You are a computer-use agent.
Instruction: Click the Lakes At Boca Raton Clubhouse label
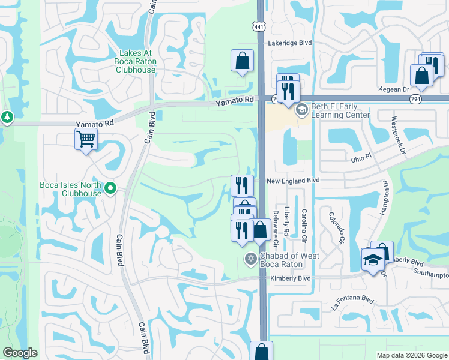click(x=137, y=62)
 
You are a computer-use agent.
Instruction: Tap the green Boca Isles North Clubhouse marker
click(x=110, y=189)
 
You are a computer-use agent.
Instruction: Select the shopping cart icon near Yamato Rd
click(x=86, y=140)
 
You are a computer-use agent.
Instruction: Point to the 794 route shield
click(x=415, y=98)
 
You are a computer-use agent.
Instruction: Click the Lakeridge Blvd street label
click(x=291, y=43)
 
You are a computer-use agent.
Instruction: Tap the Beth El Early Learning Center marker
click(x=301, y=110)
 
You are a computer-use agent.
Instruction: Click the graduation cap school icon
click(x=372, y=260)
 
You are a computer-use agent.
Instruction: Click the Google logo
click(x=20, y=353)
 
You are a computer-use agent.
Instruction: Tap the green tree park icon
click(x=7, y=117)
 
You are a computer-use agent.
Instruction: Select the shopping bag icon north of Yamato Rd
click(x=241, y=61)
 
